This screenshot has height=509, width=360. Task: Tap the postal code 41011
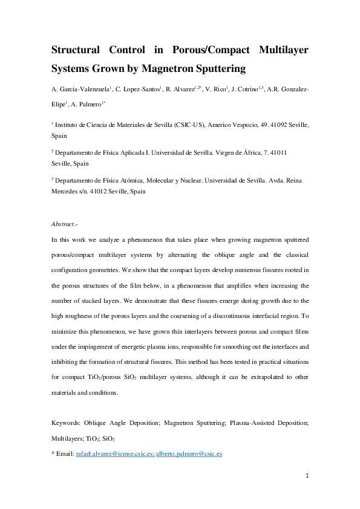coord(276,153)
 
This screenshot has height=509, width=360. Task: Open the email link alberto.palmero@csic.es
coord(189,453)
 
